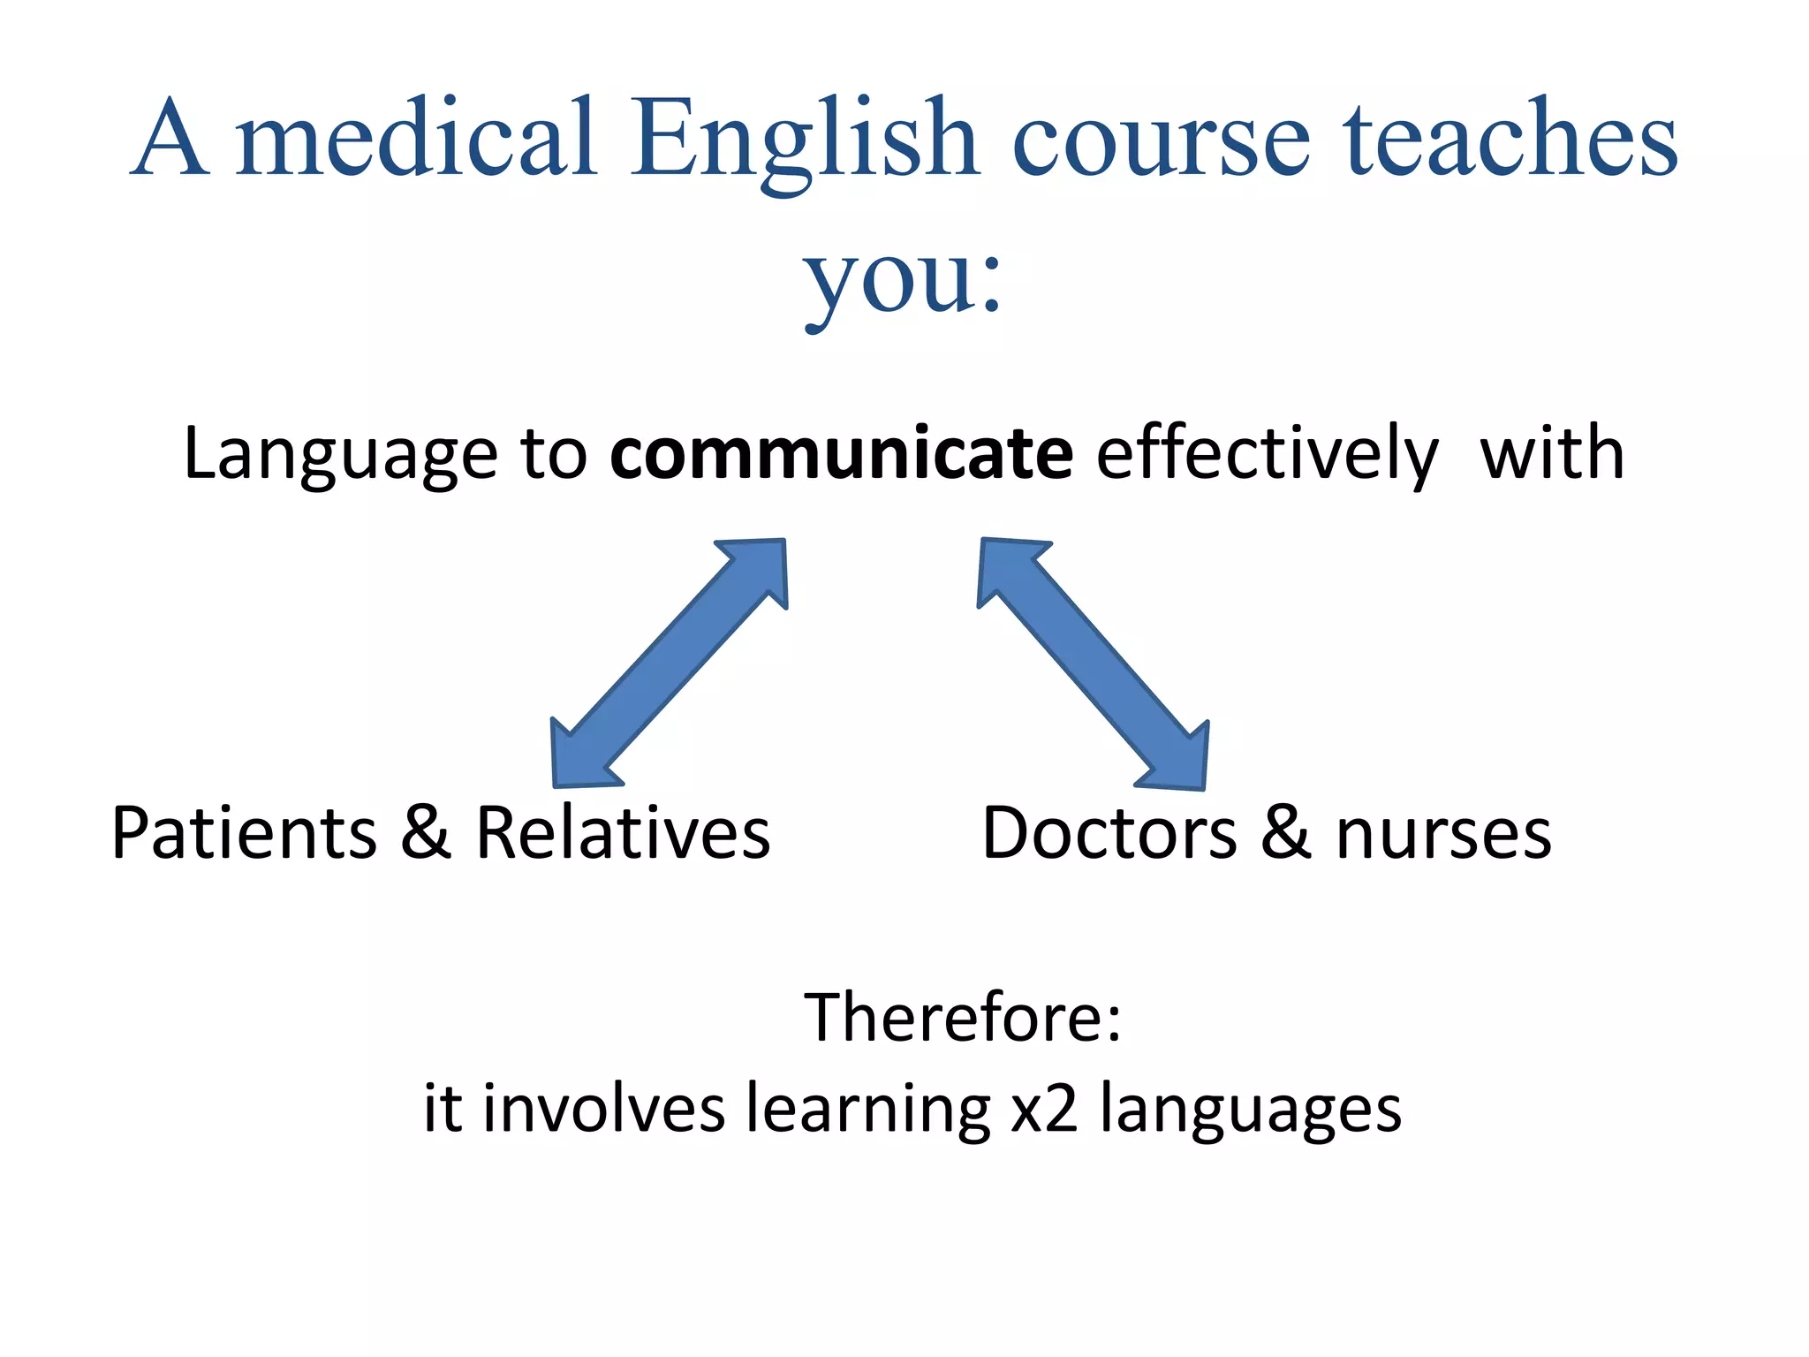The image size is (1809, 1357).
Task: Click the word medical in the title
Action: (x=416, y=140)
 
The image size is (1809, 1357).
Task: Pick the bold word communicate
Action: (x=842, y=453)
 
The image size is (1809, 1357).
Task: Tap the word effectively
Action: (x=1268, y=454)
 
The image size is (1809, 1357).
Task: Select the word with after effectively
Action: (x=1552, y=453)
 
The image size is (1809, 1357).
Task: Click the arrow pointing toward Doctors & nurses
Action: (x=1094, y=663)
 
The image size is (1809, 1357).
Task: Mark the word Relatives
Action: (x=623, y=833)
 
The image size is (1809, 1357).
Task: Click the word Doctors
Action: (x=1109, y=833)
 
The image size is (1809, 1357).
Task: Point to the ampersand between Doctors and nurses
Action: (x=1285, y=833)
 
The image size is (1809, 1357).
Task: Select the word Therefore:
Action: (x=962, y=1017)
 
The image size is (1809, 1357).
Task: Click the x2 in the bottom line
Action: (x=1044, y=1109)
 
